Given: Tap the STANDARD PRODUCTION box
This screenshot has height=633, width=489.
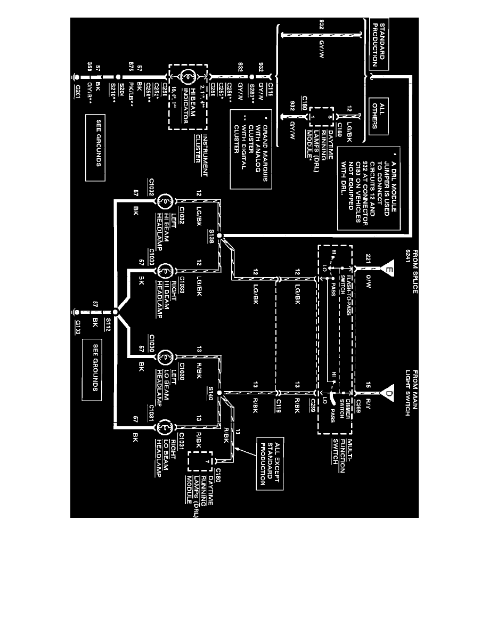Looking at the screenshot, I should point(378,45).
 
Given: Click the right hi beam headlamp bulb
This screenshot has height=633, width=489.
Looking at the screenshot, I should point(165,270).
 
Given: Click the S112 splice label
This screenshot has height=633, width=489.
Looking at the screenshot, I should point(107,322).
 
